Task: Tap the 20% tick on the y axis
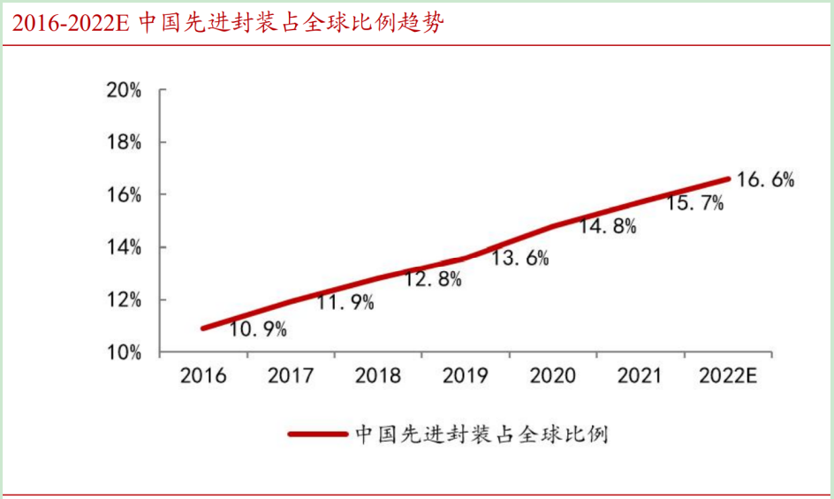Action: [124, 90]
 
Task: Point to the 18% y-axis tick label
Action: [124, 143]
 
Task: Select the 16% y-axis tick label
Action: [124, 195]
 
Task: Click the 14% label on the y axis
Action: [124, 248]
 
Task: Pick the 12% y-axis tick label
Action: [124, 300]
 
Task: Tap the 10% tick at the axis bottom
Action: [124, 353]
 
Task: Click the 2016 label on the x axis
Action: [203, 376]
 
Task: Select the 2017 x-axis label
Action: [291, 376]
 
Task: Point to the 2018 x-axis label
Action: [378, 376]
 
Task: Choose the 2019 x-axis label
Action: [466, 376]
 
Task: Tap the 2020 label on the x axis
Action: [553, 376]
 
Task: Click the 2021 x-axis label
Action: [641, 376]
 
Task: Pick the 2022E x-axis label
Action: [729, 376]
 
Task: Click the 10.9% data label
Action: [259, 330]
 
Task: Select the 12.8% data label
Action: [433, 280]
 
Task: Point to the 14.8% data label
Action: [608, 226]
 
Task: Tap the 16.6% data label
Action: [765, 180]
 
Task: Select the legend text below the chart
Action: [481, 435]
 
